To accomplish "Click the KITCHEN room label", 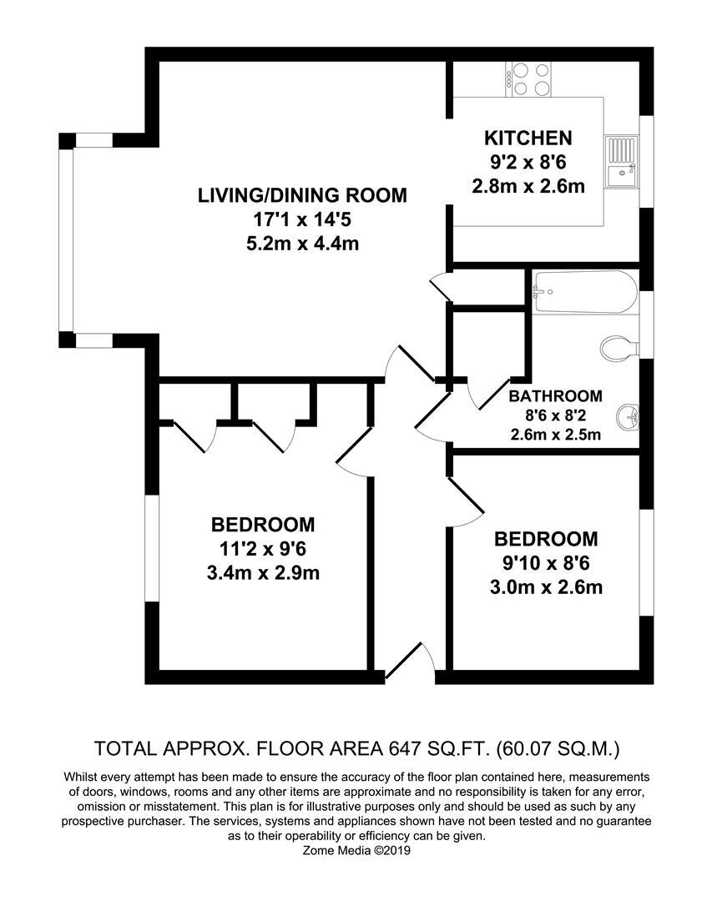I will pos(528,138).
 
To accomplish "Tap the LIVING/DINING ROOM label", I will pos(302,196).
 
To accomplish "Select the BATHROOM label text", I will pos(555,396).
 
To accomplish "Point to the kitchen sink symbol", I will pos(622,163).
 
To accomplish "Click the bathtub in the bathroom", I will pos(584,292).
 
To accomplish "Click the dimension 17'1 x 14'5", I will pos(302,220).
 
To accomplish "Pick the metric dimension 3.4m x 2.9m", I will pos(263,573).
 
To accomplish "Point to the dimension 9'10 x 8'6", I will pos(546,563).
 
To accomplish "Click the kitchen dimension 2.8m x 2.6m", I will pos(528,186).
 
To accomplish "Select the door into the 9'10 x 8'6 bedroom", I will pos(464,501).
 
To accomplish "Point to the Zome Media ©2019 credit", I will pos(356,851).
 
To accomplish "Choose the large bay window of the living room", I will pos(66,239).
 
